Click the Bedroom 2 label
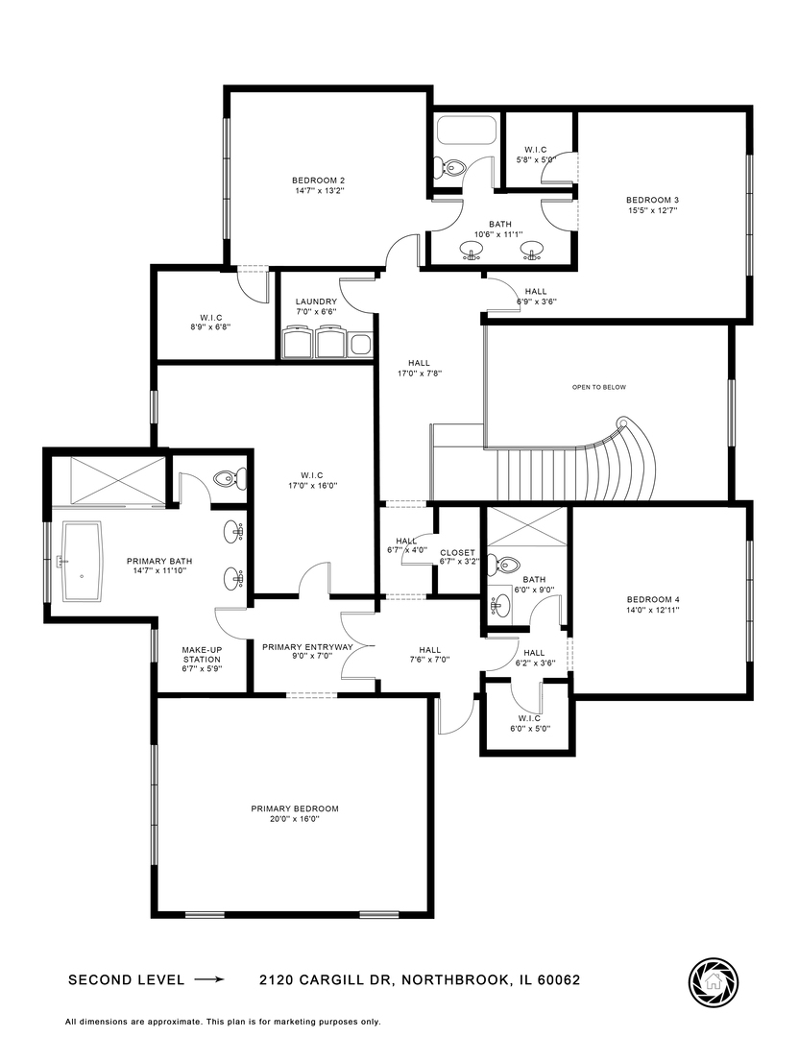(x=318, y=181)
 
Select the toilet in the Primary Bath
(x=228, y=477)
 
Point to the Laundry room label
(x=316, y=301)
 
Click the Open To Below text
(x=598, y=387)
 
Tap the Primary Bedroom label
(x=295, y=808)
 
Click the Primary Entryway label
(x=307, y=647)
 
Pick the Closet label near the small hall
(x=457, y=552)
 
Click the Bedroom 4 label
(x=652, y=601)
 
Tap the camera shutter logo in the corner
(x=713, y=980)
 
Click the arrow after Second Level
(x=208, y=980)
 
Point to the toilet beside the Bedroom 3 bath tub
(x=452, y=168)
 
